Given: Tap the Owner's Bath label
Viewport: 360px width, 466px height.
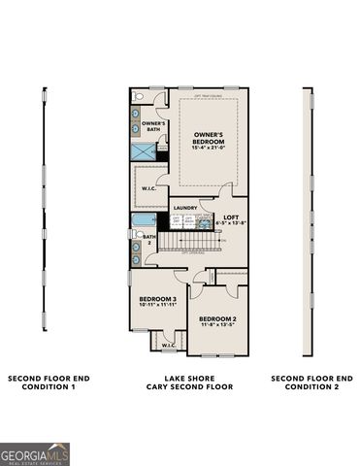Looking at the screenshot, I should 152,126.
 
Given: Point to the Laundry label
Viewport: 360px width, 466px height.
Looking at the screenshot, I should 184,208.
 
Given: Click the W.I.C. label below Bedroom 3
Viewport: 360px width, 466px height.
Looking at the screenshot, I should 168,344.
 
